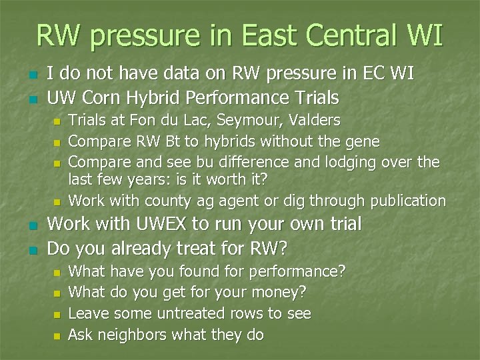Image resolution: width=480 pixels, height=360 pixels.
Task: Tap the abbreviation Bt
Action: (167, 141)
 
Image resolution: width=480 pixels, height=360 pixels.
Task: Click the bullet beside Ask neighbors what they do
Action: (57, 335)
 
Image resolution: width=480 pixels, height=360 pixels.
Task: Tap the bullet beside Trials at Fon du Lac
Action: (57, 121)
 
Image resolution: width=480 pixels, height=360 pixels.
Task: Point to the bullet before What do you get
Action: (57, 293)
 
